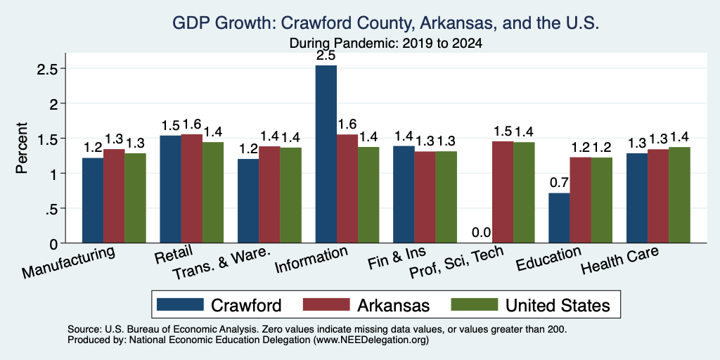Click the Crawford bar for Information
(x=326, y=154)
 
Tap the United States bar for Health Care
(x=680, y=195)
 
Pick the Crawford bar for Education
(x=559, y=218)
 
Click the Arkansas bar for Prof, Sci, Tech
(x=503, y=192)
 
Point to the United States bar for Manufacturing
(x=136, y=198)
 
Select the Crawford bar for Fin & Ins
(x=404, y=194)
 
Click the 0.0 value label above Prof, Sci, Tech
(x=481, y=233)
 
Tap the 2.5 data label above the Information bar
(x=326, y=56)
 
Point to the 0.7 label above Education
(x=559, y=183)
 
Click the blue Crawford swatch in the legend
(x=180, y=304)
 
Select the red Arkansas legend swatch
(x=326, y=304)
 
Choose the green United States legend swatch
(x=475, y=304)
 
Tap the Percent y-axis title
(x=22, y=148)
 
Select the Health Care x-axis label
(x=620, y=260)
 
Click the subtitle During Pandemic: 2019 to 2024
(x=386, y=44)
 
